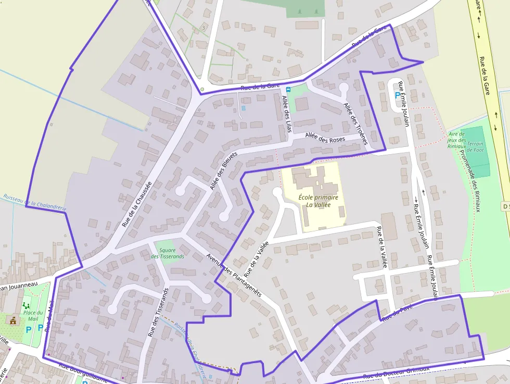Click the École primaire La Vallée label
(x=318, y=201)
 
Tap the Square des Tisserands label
(x=167, y=253)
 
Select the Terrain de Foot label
(x=475, y=147)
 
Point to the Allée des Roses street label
(x=325, y=139)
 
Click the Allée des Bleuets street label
(x=223, y=170)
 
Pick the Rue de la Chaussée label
(x=137, y=204)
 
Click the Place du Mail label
(x=33, y=315)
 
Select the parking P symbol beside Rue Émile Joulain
(x=398, y=96)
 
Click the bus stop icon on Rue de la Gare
(x=288, y=90)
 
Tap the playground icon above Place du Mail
(x=26, y=305)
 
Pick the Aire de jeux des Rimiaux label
(x=456, y=140)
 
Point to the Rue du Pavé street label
(x=397, y=314)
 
